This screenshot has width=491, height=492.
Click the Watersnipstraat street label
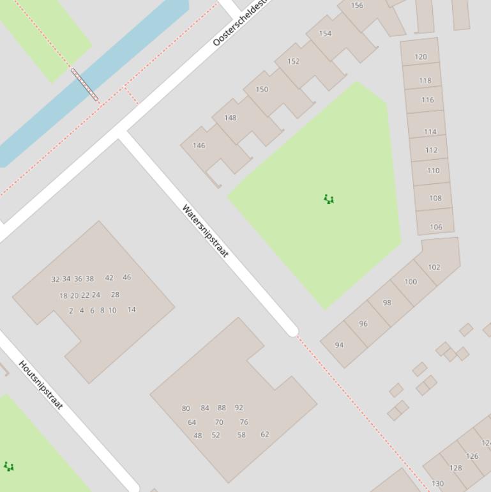pos(205,231)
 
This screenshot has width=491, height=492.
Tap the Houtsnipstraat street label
pos(41,385)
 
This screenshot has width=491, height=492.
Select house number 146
pos(199,146)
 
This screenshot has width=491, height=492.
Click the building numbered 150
pos(262,89)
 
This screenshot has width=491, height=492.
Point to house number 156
pos(357,5)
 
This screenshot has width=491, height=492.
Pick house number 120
pos(421,57)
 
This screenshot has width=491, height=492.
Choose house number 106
pos(436,227)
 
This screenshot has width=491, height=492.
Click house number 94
pos(339,345)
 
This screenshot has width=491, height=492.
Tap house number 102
pos(434,267)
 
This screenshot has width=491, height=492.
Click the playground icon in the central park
pos(329,199)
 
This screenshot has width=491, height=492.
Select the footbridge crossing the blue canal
pos(85,84)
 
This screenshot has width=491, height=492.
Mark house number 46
pos(126,277)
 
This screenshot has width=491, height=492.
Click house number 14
pos(132,309)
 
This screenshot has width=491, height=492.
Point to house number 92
pos(239,408)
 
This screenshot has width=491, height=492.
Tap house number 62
pos(264,434)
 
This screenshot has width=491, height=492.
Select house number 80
pos(186,408)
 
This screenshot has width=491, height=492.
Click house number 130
pos(437,484)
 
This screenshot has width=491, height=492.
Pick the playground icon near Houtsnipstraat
pos(9,466)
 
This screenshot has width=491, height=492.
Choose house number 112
pos(431,150)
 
